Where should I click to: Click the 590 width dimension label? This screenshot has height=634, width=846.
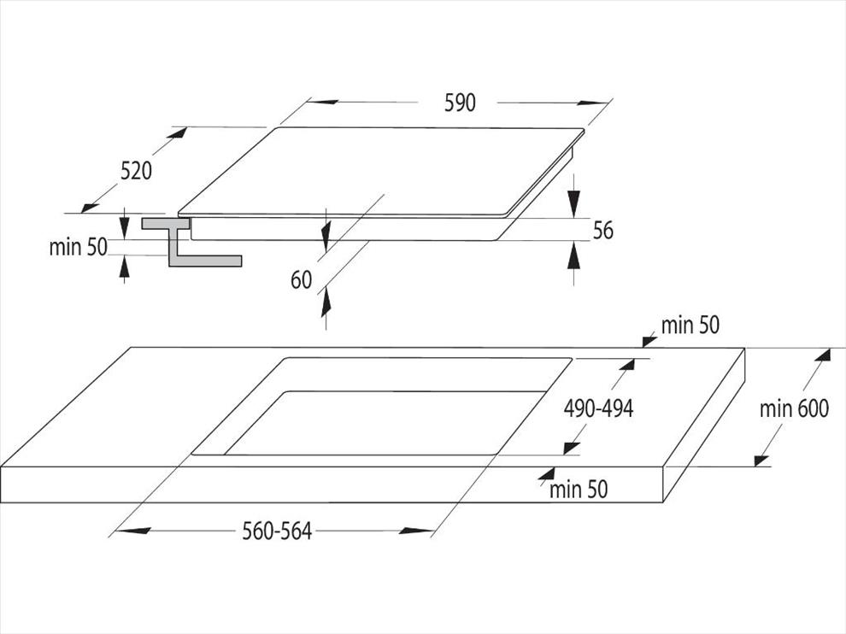460,103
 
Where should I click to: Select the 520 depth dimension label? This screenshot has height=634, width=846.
136,171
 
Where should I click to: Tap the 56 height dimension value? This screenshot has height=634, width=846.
603,231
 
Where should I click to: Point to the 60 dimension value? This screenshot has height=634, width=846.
301,280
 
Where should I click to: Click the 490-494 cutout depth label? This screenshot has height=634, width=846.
598,408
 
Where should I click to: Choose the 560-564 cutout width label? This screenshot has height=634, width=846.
277,531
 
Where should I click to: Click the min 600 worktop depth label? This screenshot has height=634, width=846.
794,408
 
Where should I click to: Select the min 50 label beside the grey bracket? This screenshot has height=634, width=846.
79,247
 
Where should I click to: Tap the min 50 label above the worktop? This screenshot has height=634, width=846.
690,326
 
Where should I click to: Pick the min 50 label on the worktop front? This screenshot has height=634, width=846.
579,490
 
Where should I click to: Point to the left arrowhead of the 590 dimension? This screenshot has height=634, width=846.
325,102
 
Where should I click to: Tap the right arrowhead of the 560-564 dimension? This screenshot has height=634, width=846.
416,531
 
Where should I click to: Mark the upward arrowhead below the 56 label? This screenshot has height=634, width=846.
574,255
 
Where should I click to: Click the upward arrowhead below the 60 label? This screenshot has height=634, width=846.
326,303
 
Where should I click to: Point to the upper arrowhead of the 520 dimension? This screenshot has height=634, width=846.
178,132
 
